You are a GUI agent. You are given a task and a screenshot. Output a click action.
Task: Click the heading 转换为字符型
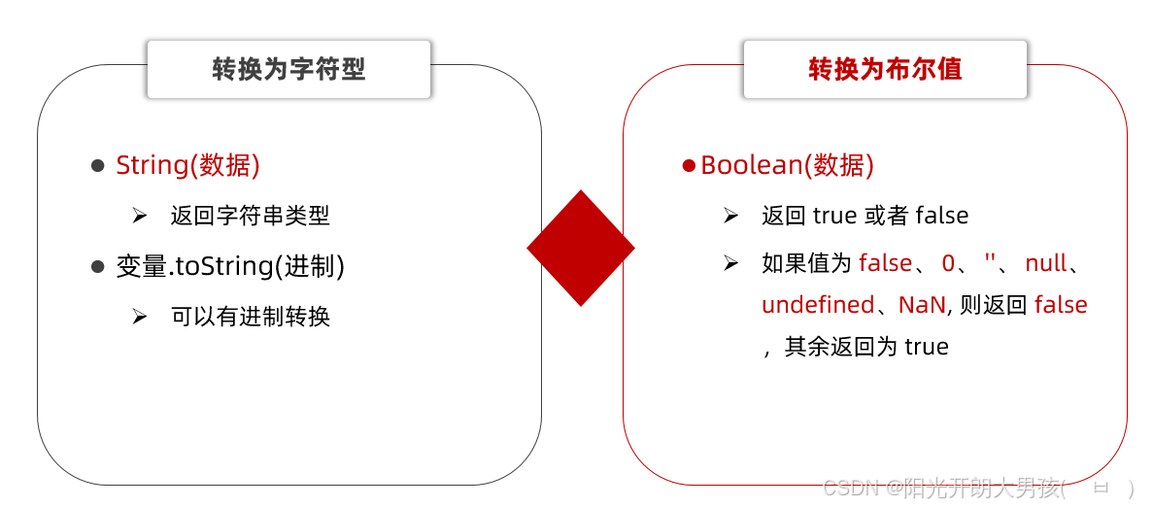pos(288,69)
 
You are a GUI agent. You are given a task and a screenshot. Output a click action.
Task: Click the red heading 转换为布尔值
pos(885,69)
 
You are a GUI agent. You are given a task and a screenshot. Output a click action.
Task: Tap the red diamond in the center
pos(581,248)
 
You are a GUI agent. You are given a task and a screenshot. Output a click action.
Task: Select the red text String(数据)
pos(187,165)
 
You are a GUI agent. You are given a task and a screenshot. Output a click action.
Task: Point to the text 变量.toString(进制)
pos(230,266)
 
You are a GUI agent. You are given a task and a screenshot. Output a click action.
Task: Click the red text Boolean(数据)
pos(787,165)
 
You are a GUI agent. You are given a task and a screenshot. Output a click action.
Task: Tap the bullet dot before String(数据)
pos(97,166)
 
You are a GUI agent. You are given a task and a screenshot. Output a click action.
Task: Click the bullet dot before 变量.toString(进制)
pos(97,266)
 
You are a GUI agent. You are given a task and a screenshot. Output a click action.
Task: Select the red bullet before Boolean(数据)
pos(689,166)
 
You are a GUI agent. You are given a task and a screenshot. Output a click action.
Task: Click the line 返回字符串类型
pos(251,216)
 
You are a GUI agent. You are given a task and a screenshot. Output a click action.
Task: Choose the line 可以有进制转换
pos(251,317)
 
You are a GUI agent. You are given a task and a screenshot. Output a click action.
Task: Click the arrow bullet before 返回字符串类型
pos(140,216)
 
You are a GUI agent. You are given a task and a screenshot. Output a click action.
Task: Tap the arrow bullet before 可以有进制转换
pos(140,317)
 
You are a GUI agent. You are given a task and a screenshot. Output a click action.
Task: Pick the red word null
pos(1045,262)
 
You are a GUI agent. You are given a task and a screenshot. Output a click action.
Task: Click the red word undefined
pos(818,305)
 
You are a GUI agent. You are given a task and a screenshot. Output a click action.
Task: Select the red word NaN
pos(922,305)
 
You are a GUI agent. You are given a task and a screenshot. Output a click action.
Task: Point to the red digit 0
pos(949,262)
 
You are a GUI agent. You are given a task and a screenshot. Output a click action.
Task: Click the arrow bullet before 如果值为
pos(731,262)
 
